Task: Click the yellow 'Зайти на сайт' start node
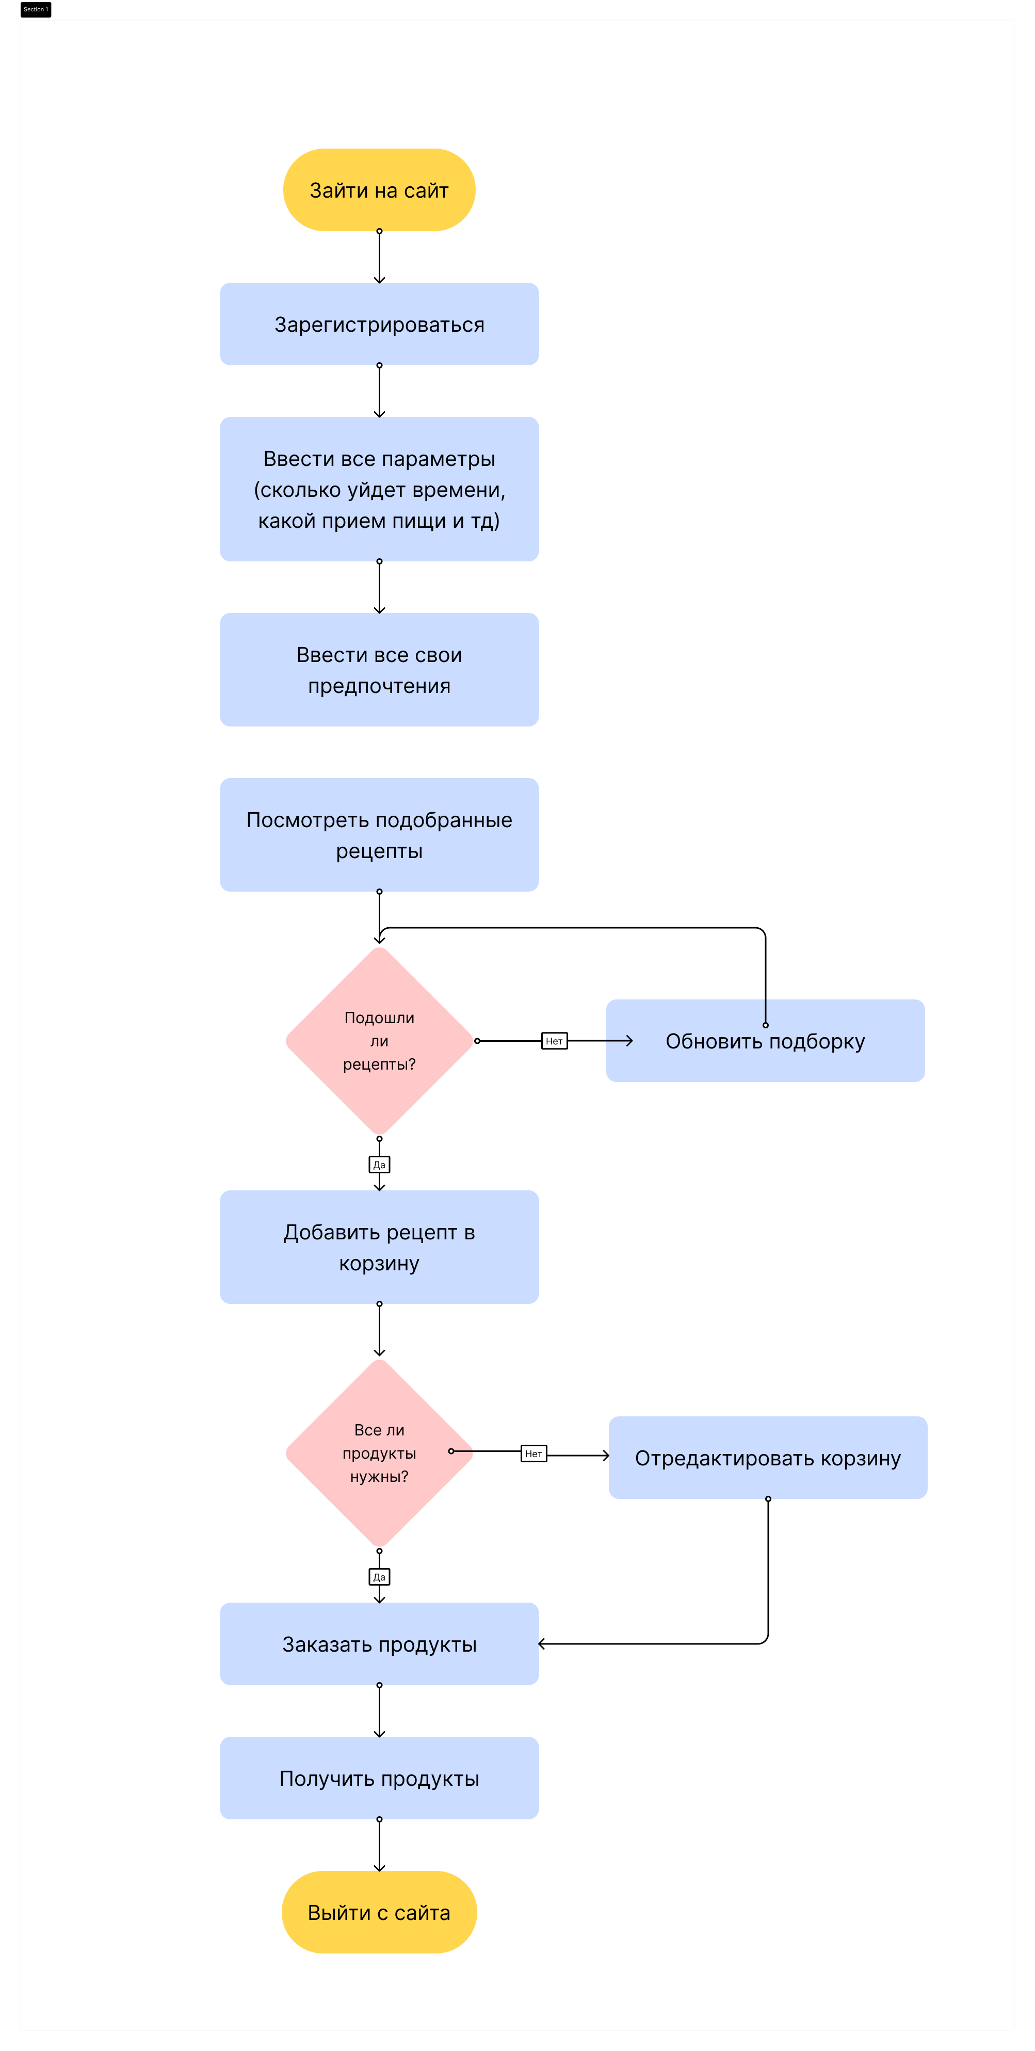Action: (379, 189)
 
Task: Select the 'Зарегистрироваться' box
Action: (379, 324)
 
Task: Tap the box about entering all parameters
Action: (379, 489)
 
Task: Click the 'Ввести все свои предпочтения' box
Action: (379, 670)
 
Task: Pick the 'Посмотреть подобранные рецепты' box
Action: (379, 834)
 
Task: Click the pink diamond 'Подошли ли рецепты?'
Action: (379, 1041)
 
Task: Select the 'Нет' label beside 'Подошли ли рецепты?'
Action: (554, 1041)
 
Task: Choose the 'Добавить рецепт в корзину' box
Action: (379, 1247)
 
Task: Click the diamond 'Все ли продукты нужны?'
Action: (379, 1453)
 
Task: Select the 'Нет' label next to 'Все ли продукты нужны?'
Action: (533, 1453)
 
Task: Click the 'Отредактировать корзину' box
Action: (768, 1458)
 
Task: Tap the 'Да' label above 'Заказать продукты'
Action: (379, 1576)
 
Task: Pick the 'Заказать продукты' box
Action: (379, 1644)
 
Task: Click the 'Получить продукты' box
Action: (379, 1778)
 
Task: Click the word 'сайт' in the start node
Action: (426, 190)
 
